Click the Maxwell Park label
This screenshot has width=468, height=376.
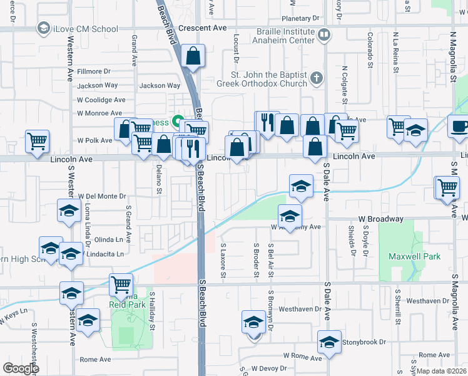(414, 256)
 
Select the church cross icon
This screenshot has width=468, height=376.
(317, 78)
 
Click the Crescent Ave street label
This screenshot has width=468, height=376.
(202, 28)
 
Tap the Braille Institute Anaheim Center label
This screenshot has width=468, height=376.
(284, 35)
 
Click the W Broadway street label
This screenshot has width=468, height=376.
(380, 219)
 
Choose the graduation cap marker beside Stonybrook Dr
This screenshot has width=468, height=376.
(329, 342)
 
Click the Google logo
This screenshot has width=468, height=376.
(21, 368)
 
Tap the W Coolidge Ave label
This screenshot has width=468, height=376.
(101, 100)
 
